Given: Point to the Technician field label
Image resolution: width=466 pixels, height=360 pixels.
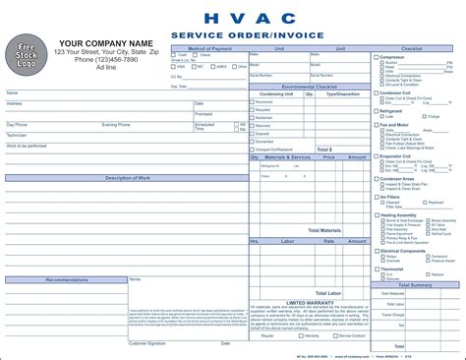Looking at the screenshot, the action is [x=20, y=135].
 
